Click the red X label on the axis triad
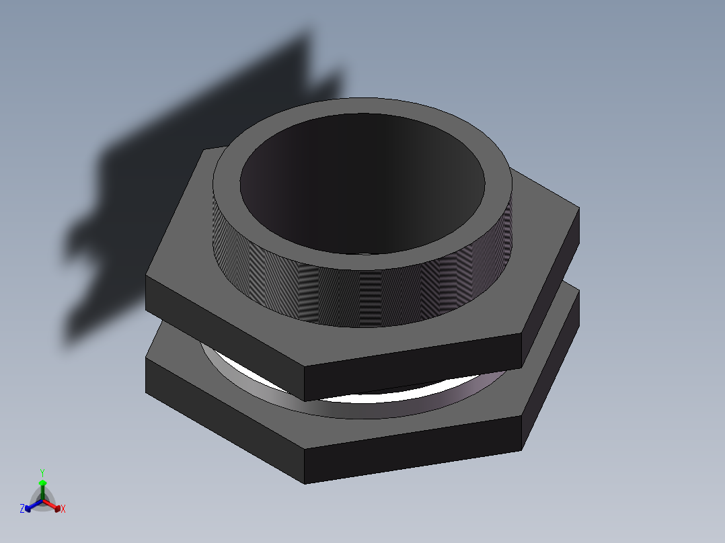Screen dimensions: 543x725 [63, 509]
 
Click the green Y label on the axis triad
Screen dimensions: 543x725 [42, 472]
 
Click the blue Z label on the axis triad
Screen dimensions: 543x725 [22, 509]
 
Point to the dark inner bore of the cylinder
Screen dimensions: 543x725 [363, 188]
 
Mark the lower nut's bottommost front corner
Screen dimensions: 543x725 [305, 483]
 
